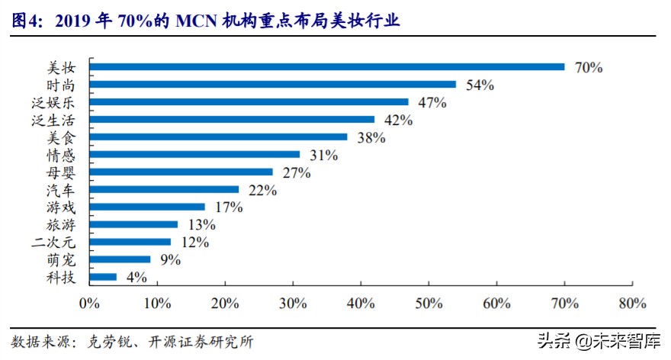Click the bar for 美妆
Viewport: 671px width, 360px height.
[x=327, y=66]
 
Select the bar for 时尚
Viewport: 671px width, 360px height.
[x=273, y=84]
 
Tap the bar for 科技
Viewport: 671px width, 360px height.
[x=104, y=277]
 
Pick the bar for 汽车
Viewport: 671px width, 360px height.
[x=165, y=189]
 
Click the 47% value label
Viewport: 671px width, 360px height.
[x=432, y=102]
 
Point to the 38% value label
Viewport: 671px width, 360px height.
[x=371, y=137]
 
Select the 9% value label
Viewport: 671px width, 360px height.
[x=170, y=260]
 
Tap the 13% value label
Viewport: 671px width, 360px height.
[x=201, y=225]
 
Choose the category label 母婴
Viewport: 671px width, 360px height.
[x=62, y=172]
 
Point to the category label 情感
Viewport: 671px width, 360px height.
[x=62, y=155]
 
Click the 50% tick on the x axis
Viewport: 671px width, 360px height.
[x=429, y=304]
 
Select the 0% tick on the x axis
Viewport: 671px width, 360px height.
[x=89, y=304]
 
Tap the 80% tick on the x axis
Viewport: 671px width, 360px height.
[x=632, y=304]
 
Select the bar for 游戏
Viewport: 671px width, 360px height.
[x=147, y=207]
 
